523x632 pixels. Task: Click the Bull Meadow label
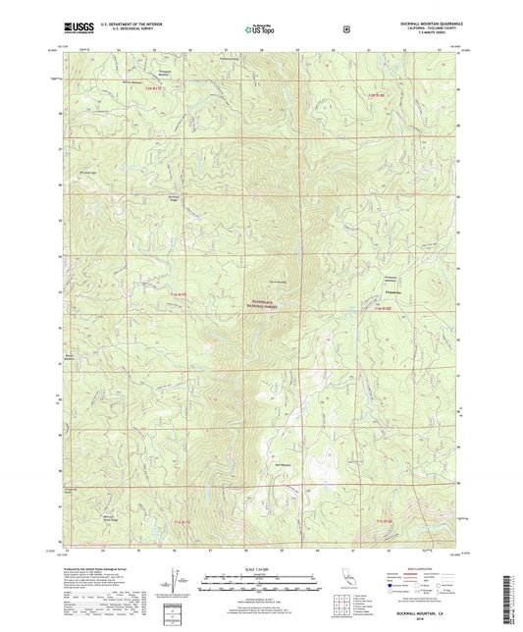(283, 455)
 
